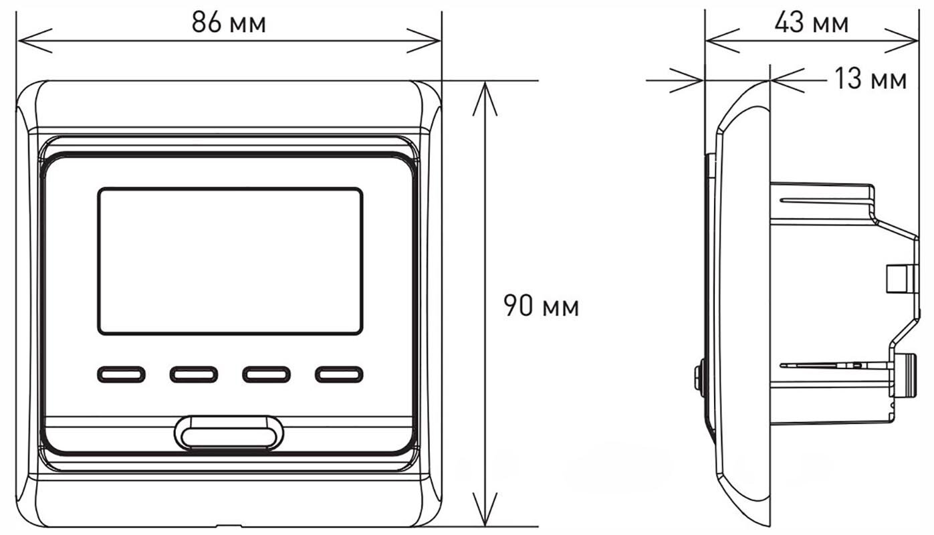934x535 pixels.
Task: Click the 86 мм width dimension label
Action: [229, 22]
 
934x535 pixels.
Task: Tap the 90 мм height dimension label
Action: [542, 306]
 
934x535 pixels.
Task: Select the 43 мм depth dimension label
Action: [812, 22]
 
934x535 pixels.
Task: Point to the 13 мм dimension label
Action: [870, 78]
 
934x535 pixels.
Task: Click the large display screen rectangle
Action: [230, 261]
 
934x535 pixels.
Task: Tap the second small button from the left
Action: [194, 374]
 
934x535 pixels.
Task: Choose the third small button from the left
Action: [267, 374]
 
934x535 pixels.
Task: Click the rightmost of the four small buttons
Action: [339, 374]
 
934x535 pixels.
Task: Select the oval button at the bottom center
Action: [229, 433]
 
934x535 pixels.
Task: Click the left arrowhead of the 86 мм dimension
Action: [35, 41]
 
